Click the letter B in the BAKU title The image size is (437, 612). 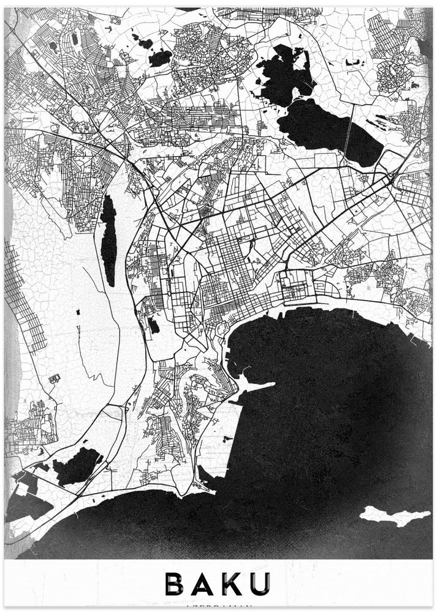[175, 584]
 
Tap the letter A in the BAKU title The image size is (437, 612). [207, 584]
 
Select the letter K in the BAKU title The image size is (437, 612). [235, 584]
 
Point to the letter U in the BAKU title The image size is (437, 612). [262, 584]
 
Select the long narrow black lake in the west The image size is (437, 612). [108, 240]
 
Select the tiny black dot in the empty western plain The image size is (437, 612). [78, 313]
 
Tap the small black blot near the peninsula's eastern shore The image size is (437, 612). [227, 438]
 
